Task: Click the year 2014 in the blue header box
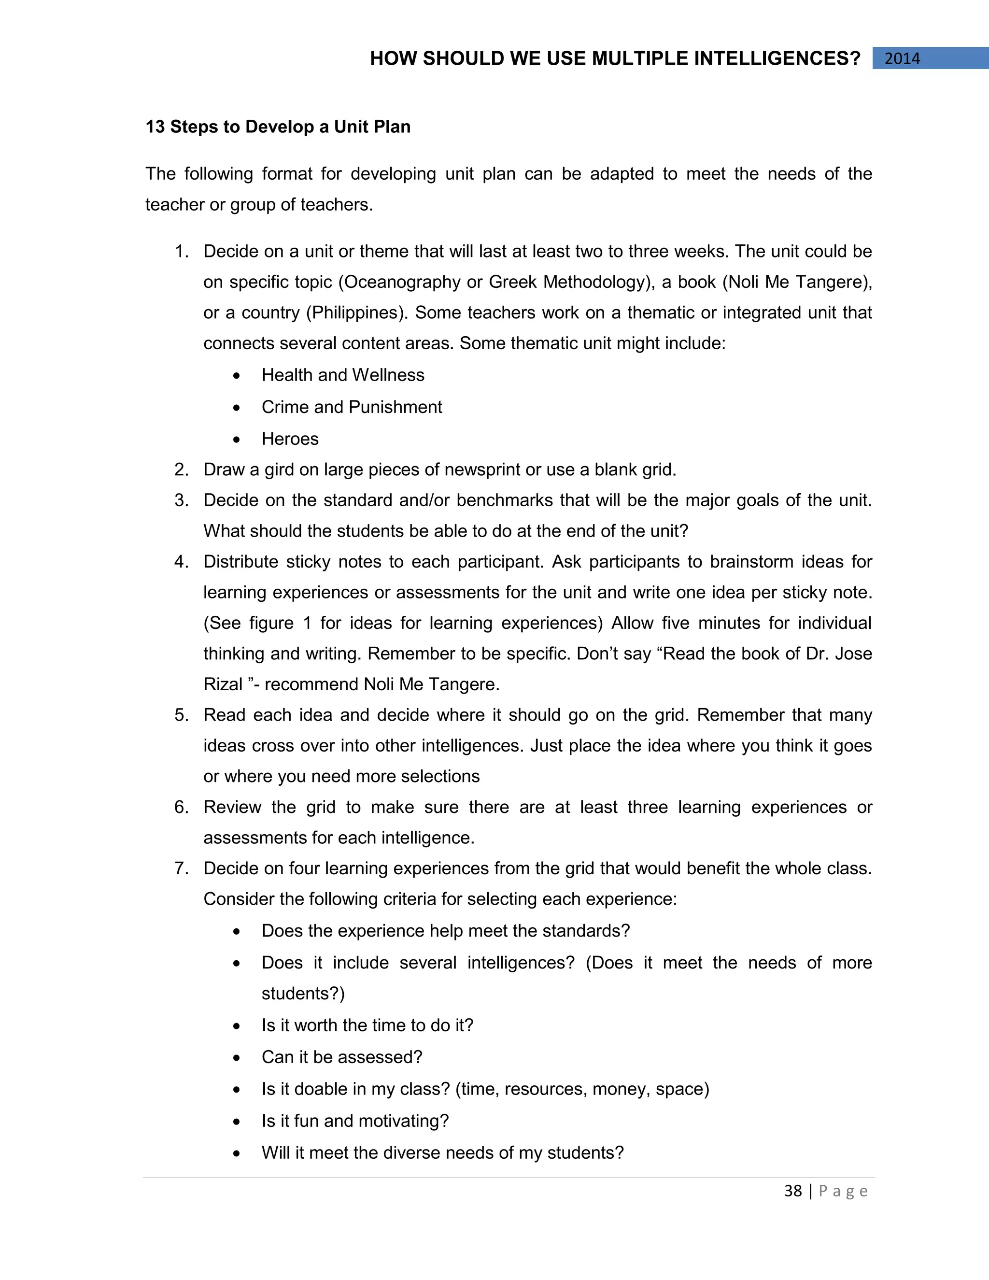click(x=902, y=58)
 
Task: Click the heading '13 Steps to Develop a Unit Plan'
click(x=278, y=127)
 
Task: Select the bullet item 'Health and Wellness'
click(x=343, y=375)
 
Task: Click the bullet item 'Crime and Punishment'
click(x=352, y=407)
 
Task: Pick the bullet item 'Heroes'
click(x=290, y=439)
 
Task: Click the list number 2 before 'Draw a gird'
click(x=181, y=469)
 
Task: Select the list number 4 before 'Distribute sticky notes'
click(x=181, y=561)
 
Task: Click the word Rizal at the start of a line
click(x=223, y=684)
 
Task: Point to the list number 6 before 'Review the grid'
click(x=181, y=807)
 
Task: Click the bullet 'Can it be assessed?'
click(x=341, y=1057)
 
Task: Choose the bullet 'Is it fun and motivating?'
click(x=355, y=1121)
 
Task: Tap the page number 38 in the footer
click(x=793, y=1191)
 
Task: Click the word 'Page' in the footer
click(x=843, y=1191)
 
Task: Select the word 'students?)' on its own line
click(x=303, y=994)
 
